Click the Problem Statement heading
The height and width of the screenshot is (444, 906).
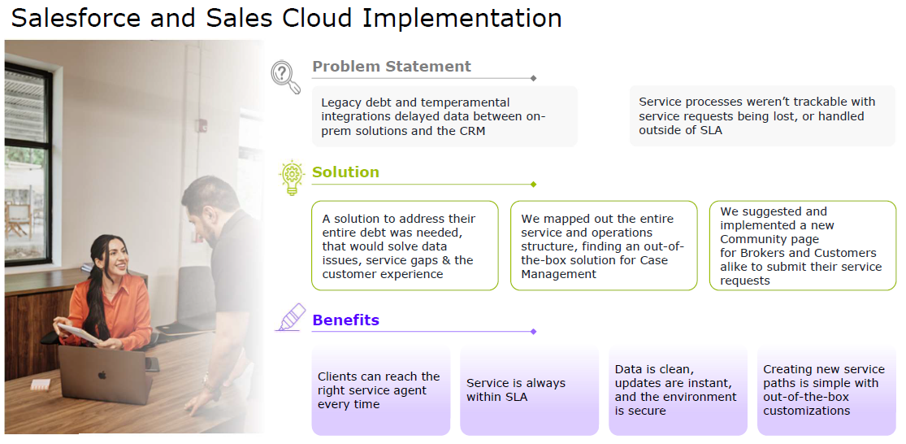(x=391, y=67)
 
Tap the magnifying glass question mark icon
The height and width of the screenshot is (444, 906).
(x=286, y=77)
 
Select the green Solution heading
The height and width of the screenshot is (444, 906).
(x=345, y=172)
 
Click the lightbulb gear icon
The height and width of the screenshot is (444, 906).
(x=291, y=177)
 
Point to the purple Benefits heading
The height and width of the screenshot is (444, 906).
(x=345, y=320)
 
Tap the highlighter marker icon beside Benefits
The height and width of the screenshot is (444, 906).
(x=291, y=317)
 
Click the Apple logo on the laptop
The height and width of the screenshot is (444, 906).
(x=102, y=375)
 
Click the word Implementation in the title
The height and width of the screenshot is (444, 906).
(x=462, y=18)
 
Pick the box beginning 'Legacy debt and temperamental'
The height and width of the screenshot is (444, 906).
(x=444, y=116)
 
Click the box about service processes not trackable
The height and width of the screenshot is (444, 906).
(x=762, y=116)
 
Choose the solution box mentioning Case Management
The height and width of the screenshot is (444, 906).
(x=604, y=246)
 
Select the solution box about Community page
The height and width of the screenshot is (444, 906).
(x=803, y=246)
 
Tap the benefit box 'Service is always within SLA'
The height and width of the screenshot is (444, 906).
(x=529, y=390)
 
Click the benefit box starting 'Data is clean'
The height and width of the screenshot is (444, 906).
(x=678, y=390)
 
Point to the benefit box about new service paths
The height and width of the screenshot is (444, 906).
(x=826, y=390)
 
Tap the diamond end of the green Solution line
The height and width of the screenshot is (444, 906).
(x=533, y=185)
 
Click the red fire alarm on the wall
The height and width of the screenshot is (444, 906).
(x=201, y=125)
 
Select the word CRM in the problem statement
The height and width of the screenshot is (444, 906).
(x=471, y=131)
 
